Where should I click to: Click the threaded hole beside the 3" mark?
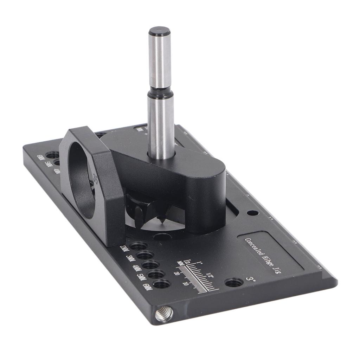[234, 282]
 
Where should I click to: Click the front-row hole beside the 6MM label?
[162, 284]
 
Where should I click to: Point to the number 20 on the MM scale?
[177, 273]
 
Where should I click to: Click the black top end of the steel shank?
[159, 31]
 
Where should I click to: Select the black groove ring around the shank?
[160, 94]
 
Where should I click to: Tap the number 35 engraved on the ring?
[96, 175]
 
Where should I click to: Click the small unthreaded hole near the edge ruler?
[252, 213]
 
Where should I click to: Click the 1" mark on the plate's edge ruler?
[271, 218]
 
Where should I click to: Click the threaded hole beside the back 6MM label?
[53, 155]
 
